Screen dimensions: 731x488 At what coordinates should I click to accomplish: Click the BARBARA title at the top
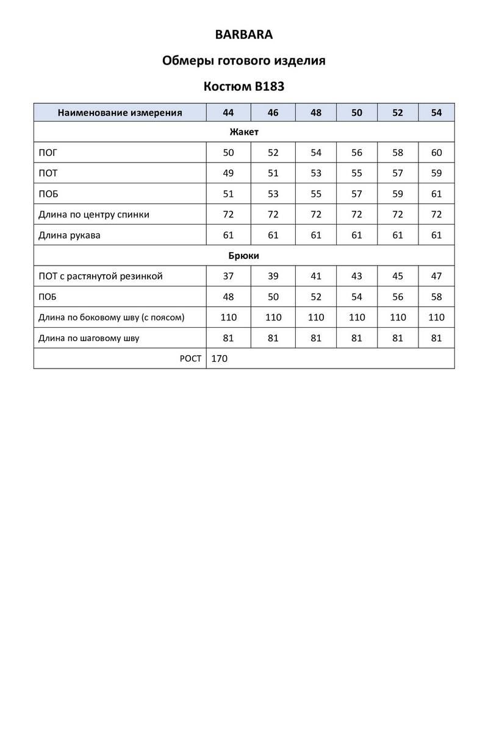point(244,35)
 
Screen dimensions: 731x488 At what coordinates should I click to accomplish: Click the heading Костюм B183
point(244,87)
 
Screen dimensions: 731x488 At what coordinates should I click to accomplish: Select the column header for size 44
point(229,112)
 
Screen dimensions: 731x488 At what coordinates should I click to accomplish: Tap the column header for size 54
point(436,112)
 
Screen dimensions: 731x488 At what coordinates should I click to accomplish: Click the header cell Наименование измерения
point(120,112)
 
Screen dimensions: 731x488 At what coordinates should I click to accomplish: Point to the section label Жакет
point(244,132)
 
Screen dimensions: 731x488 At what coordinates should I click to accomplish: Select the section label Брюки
point(244,256)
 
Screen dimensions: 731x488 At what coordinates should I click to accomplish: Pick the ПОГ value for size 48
point(316,152)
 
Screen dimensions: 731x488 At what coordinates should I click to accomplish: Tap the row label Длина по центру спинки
point(94,214)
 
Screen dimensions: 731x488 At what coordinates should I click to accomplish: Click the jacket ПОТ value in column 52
point(398,173)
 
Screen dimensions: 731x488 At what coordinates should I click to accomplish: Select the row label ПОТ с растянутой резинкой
point(101,276)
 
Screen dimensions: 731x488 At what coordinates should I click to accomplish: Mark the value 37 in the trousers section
point(229,276)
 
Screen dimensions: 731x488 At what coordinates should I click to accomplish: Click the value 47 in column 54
point(436,276)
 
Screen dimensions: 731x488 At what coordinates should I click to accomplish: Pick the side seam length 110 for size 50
point(357,317)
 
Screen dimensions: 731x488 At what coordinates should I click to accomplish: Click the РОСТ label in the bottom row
point(190,359)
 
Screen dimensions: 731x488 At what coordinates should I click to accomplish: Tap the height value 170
point(219,359)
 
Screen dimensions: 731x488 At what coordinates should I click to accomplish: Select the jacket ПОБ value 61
point(436,194)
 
